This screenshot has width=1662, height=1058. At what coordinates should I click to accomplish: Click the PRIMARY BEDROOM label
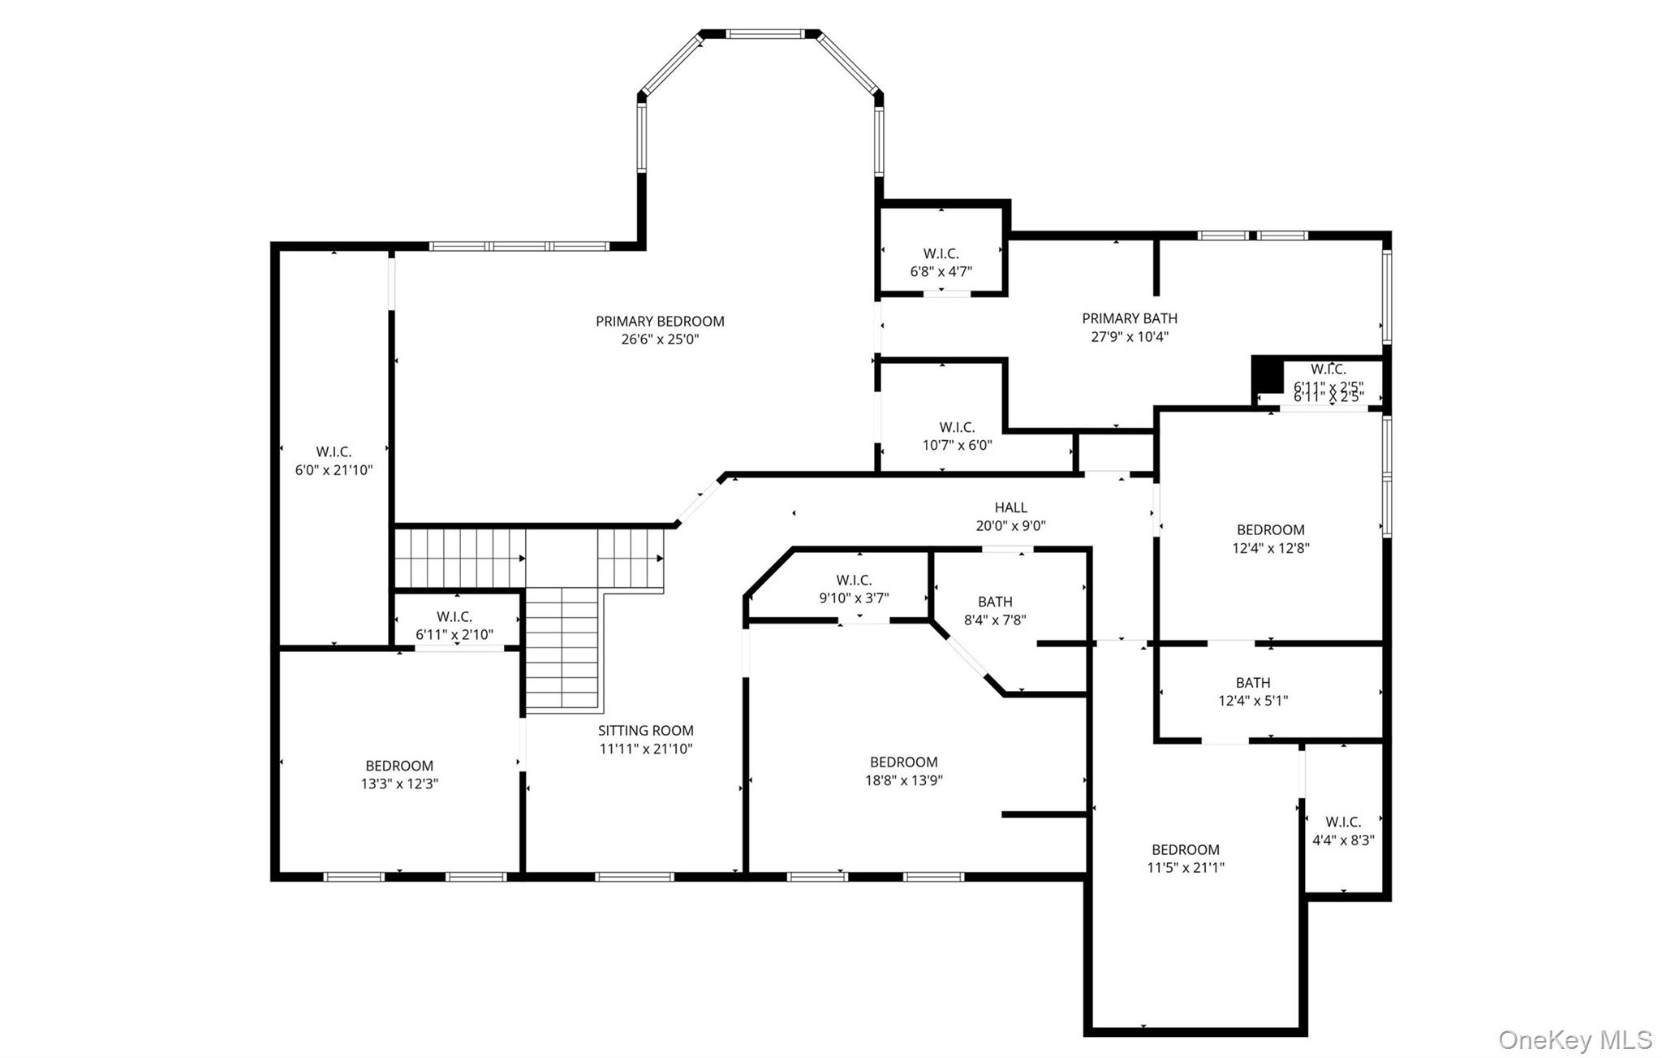[660, 322]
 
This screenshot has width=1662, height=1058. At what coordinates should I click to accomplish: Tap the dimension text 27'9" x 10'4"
[1129, 337]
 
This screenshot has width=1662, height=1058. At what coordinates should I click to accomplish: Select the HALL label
[1010, 507]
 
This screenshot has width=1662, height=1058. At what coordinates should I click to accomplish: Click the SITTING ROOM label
[646, 731]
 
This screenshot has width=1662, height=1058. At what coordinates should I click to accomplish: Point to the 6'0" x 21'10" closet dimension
[334, 470]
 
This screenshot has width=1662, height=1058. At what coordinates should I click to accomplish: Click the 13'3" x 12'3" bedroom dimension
[399, 784]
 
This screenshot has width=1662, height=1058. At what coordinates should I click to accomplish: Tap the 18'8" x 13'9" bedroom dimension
[903, 781]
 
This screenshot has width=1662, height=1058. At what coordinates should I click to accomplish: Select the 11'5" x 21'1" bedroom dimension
[1185, 868]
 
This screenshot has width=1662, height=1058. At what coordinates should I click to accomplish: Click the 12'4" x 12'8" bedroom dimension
[1270, 548]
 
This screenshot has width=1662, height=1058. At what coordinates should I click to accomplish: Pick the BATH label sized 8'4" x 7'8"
[995, 602]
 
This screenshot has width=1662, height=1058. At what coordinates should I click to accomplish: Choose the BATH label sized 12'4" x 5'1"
[1253, 683]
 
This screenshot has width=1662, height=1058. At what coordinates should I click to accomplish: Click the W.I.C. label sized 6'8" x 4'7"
[941, 254]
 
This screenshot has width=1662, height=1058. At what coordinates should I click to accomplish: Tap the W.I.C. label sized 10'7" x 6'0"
[957, 427]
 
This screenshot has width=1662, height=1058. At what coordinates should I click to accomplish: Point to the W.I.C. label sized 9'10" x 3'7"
[854, 581]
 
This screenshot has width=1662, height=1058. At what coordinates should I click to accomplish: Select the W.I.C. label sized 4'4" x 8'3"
[1343, 823]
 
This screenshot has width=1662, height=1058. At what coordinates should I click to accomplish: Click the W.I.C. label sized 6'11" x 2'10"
[454, 617]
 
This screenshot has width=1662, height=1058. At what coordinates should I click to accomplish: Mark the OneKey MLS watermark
[1574, 1039]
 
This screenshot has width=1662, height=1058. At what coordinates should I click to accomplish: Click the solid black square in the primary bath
[1267, 374]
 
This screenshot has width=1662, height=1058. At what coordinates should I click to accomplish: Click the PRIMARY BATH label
[1129, 319]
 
